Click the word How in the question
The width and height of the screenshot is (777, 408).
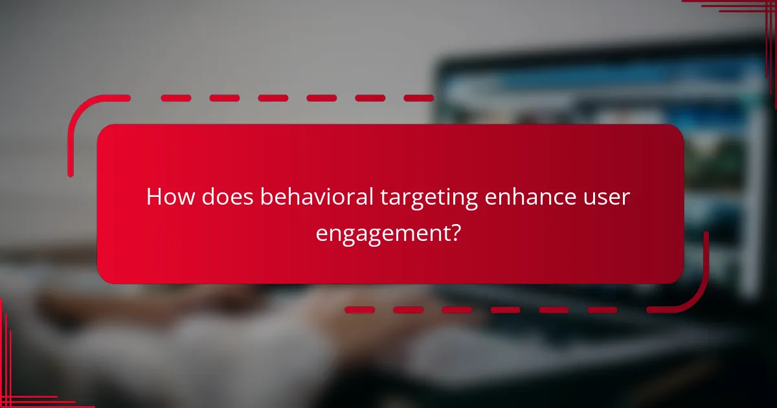[169, 197]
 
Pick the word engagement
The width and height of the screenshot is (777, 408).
[381, 233]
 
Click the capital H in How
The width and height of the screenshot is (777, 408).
[154, 197]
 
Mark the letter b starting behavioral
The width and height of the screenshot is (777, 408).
[265, 197]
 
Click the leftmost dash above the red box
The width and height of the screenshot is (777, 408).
[176, 98]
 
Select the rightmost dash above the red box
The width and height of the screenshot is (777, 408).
[418, 98]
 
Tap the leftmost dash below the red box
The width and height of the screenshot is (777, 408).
[360, 310]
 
